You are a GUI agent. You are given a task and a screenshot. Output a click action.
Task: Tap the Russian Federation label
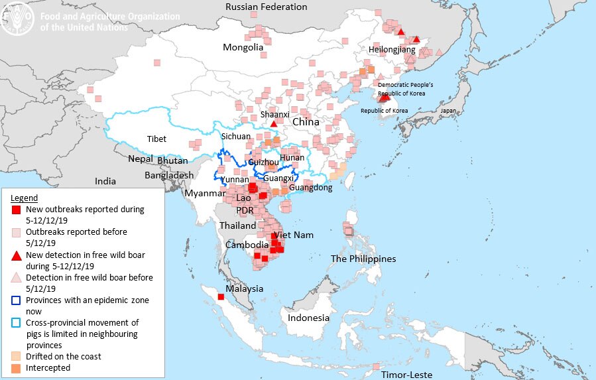[x=266, y=7]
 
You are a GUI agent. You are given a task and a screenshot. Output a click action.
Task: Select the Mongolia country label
[x=243, y=47]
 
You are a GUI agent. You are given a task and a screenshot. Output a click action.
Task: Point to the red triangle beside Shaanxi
[x=274, y=124]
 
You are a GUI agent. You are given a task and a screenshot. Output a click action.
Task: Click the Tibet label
[x=156, y=139]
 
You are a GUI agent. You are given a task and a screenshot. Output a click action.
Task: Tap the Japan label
[x=449, y=111]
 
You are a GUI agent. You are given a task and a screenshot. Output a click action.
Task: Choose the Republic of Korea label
[x=385, y=111]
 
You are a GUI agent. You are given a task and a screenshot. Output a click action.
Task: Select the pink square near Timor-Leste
[x=376, y=366]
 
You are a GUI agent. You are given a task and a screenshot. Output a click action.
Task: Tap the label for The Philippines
[x=363, y=259]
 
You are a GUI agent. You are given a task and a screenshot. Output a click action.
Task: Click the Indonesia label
[x=308, y=318]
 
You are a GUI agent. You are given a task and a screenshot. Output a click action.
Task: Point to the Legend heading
[x=24, y=198]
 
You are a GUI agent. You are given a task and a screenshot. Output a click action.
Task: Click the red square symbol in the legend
[x=17, y=210]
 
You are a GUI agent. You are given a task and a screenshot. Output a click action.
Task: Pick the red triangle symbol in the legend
[x=17, y=255]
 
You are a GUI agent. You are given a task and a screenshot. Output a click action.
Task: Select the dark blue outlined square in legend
[x=17, y=300]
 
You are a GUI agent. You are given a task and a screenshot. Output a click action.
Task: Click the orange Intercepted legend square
[x=17, y=367]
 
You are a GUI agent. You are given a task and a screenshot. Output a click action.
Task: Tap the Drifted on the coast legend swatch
[x=17, y=356]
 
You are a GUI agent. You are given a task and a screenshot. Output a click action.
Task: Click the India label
[x=105, y=181]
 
